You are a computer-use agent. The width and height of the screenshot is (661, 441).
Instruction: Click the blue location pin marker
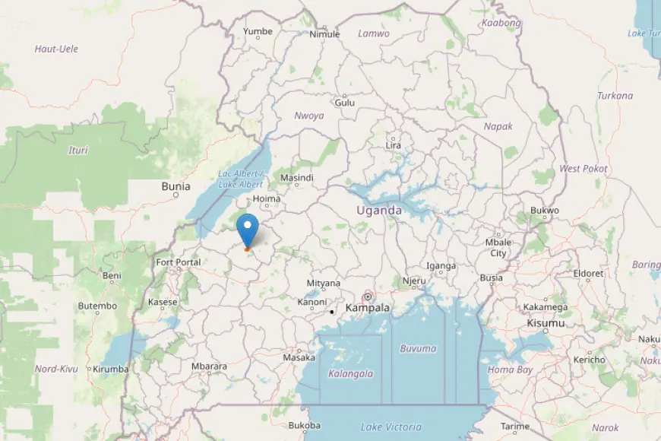tap(247, 228)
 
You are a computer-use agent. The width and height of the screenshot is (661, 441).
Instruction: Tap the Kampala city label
tap(367, 308)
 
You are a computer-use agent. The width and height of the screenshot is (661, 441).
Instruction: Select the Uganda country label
tap(379, 210)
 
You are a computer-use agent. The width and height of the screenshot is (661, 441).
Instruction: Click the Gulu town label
tap(344, 102)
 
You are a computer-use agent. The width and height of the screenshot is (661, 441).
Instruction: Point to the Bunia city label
tap(176, 186)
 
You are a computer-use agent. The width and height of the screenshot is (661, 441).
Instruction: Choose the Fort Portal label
tap(179, 262)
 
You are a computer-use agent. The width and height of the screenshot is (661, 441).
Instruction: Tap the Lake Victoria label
tap(391, 427)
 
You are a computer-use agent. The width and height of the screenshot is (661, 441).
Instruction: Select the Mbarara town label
tap(209, 366)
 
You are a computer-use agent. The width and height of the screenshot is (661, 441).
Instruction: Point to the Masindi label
tap(297, 178)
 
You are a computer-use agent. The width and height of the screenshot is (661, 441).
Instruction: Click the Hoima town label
tap(267, 199)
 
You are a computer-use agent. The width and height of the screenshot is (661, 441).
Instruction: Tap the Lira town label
tap(393, 145)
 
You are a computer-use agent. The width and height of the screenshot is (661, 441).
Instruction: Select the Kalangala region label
tap(350, 373)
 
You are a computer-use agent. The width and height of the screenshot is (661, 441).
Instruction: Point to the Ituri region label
tap(77, 150)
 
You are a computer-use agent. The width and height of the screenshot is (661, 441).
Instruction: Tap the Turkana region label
tap(615, 96)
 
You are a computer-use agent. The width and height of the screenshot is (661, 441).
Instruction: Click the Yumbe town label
tap(257, 31)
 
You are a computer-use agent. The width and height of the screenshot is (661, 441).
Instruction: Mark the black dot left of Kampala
tap(332, 312)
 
